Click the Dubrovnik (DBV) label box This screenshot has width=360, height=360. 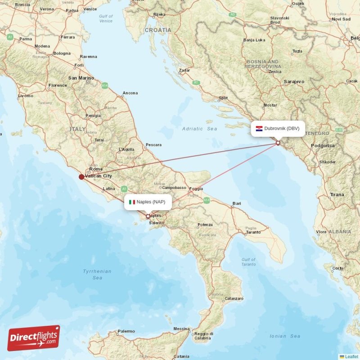tap(278, 128)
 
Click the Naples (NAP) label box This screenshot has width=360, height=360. tap(147, 202)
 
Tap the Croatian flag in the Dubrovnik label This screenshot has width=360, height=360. tap(259, 129)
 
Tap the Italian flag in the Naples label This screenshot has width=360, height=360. tap(132, 202)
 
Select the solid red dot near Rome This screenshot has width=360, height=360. tap(81, 177)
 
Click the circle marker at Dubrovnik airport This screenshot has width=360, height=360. tap(278, 143)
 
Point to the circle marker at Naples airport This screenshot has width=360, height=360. tap(148, 216)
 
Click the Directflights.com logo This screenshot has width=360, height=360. tap(34, 338)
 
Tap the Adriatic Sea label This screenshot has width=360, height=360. tap(199, 129)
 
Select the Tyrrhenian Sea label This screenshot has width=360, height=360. tap(97, 274)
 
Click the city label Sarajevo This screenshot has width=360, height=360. tap(294, 81)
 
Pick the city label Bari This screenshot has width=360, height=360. tap(237, 203)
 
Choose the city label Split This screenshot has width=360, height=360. tap(223, 98)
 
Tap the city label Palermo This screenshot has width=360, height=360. tap(126, 332)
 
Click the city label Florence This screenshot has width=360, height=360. tap(58, 85)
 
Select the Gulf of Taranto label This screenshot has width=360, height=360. tap(248, 262)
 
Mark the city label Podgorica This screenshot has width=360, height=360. tap(323, 146)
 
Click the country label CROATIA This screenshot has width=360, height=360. tap(158, 30)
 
